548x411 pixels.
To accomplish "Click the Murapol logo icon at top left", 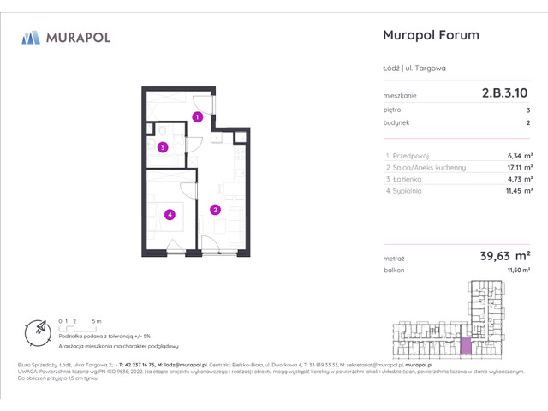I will pos(31,37).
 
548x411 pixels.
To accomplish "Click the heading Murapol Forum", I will pos(428,36).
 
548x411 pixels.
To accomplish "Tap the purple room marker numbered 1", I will pos(197,116).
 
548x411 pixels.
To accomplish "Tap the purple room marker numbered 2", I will pos(216,209).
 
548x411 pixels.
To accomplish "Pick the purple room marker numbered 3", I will pos(163,147).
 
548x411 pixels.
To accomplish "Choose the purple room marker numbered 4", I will pos(170,215).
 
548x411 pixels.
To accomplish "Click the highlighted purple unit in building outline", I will pos(466,345).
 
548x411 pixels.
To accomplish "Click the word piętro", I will pos(392,110).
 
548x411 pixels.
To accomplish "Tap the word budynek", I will pos(395,122).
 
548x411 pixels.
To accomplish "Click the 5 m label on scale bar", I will pos(98,320).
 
